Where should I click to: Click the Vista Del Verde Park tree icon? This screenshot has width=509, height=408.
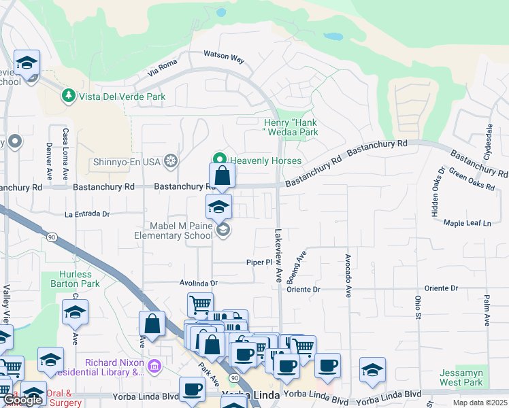click(68, 97)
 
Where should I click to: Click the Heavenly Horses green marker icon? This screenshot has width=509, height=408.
click(220, 160)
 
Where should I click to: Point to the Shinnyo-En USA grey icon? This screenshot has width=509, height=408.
click(171, 161)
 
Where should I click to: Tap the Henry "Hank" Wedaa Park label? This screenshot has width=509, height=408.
click(291, 127)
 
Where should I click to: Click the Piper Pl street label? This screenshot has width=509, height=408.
click(259, 262)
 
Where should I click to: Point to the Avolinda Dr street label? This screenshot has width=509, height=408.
click(198, 283)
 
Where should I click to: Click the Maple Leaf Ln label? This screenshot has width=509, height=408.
click(467, 222)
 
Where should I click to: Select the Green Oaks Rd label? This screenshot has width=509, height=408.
click(472, 179)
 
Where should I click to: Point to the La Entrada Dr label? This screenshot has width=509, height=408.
click(87, 214)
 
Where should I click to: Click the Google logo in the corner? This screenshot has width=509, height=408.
click(22, 400)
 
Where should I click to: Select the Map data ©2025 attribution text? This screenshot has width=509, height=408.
click(480, 403)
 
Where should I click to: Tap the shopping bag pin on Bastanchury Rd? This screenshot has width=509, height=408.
click(222, 175)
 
